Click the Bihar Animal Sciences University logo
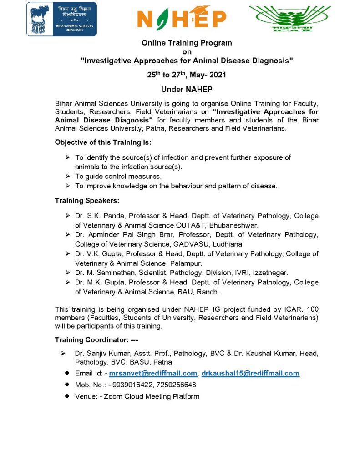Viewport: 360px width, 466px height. coord(61,19)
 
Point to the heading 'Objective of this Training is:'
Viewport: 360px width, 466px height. coord(103,142)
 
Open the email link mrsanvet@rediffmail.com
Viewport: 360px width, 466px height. coord(153,373)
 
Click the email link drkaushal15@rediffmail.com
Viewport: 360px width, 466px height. coord(250,373)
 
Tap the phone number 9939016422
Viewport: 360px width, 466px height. coord(131,385)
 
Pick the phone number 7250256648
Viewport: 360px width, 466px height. coord(176,385)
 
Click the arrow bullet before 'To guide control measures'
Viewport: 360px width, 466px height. coord(67,176)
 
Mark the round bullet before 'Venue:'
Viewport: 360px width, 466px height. coord(66,396)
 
